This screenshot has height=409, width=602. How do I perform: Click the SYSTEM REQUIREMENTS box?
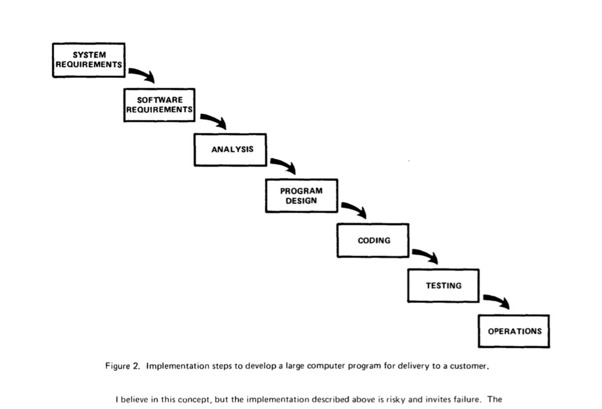[89, 60]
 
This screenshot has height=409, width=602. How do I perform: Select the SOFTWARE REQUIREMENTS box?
[159, 105]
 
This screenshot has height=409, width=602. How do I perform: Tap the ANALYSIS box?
[230, 149]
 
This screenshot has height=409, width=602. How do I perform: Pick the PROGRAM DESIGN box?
[301, 196]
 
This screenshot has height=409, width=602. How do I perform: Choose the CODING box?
[373, 240]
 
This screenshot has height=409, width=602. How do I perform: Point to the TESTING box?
[443, 285]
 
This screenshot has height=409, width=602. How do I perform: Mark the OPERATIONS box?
[514, 331]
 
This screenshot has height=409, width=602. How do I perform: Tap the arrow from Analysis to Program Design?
[284, 165]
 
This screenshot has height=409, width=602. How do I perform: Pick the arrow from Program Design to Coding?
[354, 209]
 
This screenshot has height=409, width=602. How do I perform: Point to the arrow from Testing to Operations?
[496, 300]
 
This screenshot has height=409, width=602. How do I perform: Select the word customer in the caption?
[469, 366]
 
